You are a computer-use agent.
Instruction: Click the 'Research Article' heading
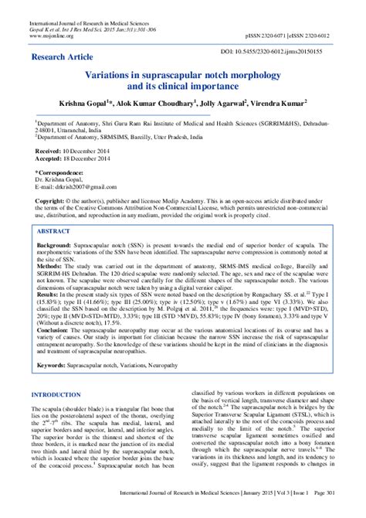[63, 57]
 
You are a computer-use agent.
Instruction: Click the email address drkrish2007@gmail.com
[72, 186]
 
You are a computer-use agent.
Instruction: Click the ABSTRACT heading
[59, 231]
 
